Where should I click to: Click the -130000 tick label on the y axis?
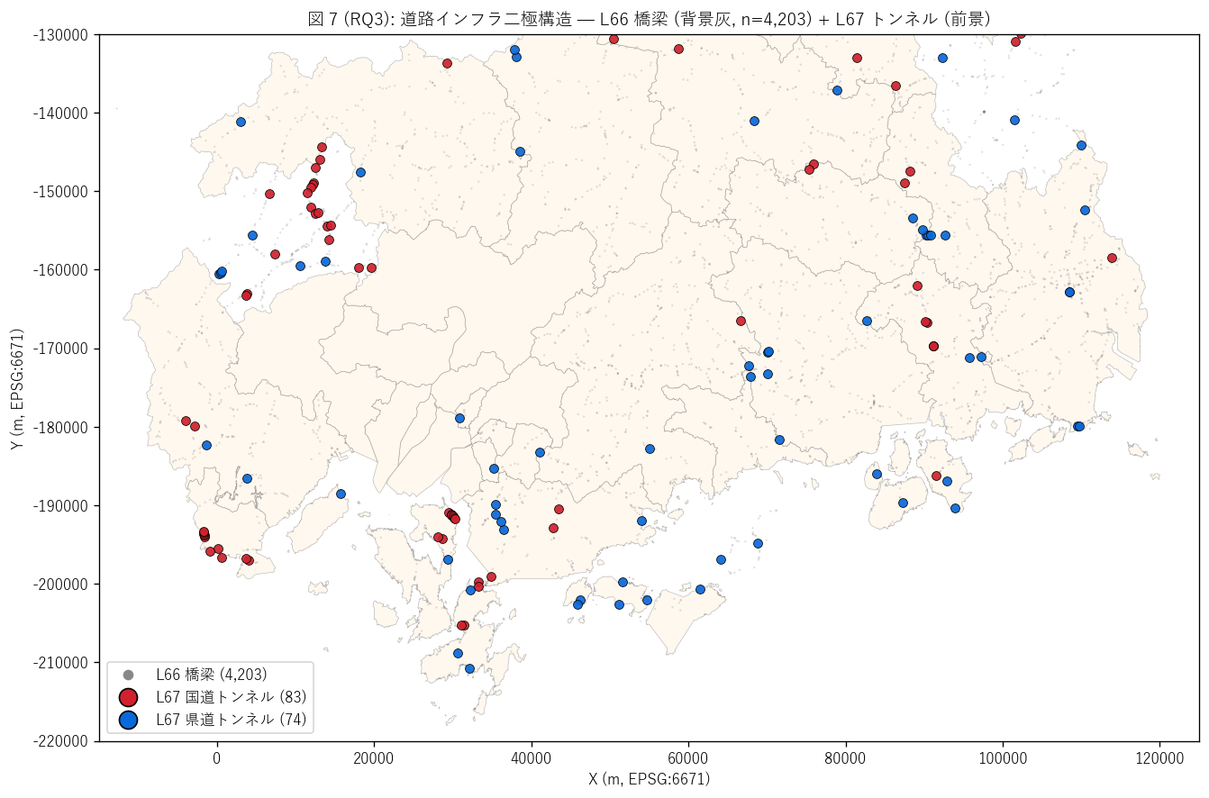(60, 35)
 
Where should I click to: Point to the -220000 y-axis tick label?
(60, 741)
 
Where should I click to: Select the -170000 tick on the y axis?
(60, 349)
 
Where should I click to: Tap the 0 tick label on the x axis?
(217, 758)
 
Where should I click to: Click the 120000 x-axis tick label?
(1159, 758)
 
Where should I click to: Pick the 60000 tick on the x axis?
(688, 758)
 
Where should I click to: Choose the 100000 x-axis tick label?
(1003, 758)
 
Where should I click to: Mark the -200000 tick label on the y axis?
(60, 585)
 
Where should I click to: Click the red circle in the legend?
(129, 697)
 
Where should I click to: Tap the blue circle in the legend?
(129, 720)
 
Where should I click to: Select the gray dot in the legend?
(129, 675)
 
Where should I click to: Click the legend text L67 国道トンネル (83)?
(231, 697)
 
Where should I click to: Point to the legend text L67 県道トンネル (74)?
(231, 720)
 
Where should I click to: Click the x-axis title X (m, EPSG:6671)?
(650, 779)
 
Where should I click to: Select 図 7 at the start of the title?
(323, 19)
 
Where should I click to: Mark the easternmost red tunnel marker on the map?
(1112, 258)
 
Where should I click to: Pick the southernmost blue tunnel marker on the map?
(469, 668)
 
